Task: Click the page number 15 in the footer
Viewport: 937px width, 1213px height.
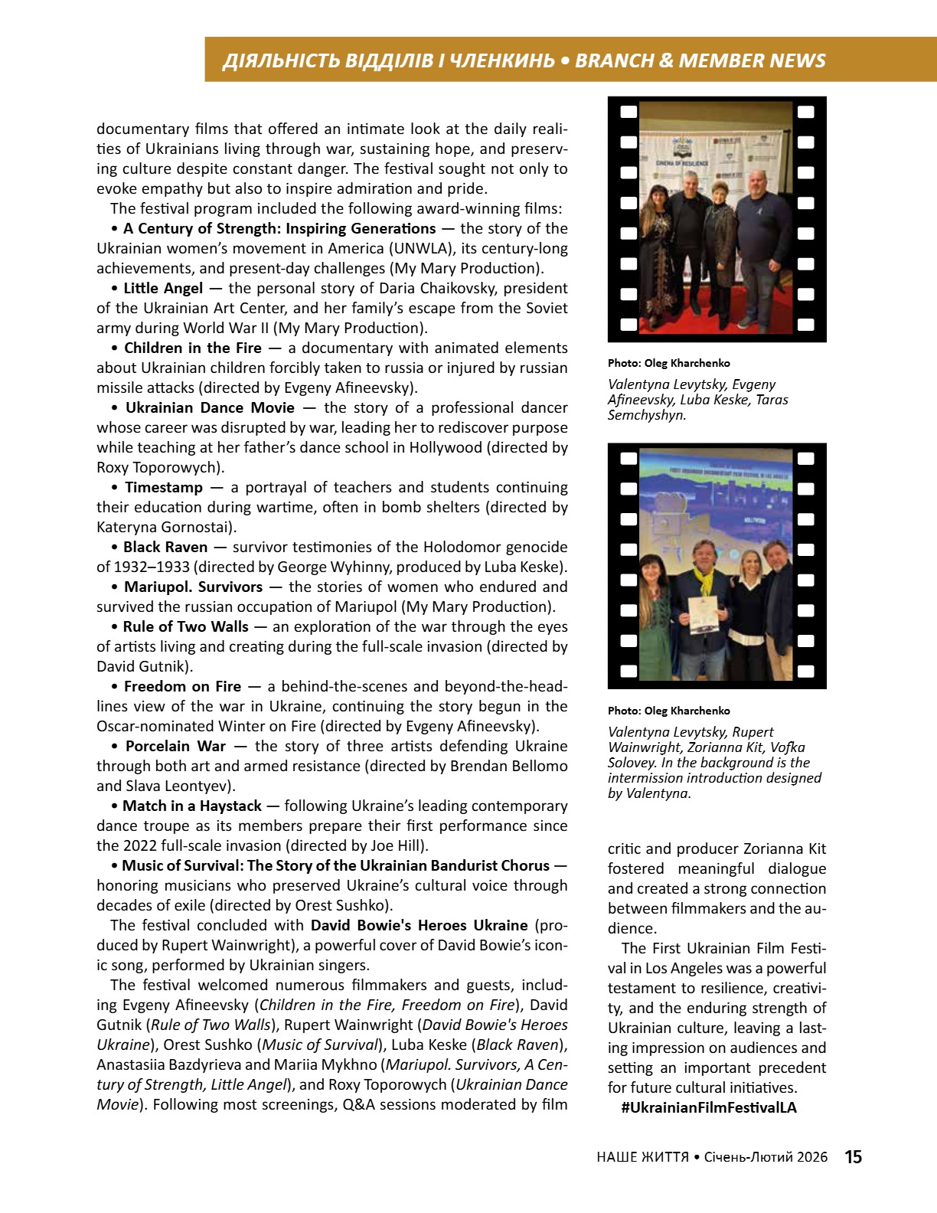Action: pos(853,1157)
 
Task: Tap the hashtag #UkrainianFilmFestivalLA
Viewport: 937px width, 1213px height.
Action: pos(709,1108)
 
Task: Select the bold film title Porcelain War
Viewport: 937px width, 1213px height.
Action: pos(175,747)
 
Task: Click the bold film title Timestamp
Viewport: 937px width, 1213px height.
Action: pos(164,488)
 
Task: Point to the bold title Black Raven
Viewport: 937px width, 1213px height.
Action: pos(165,548)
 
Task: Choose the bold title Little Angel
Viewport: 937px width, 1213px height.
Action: pos(163,289)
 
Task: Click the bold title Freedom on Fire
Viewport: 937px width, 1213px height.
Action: pos(182,687)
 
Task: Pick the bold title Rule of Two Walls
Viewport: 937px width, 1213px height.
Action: pos(185,627)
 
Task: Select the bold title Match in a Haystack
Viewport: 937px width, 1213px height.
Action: pos(192,806)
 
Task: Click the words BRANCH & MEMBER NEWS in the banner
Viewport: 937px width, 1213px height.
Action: pos(700,60)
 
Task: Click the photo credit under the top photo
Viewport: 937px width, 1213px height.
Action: pos(668,363)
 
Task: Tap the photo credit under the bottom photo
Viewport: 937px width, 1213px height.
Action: pos(668,711)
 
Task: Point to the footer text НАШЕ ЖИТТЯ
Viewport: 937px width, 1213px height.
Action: pos(642,1157)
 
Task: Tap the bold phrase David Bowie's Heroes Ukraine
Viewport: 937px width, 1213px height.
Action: pos(419,926)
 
